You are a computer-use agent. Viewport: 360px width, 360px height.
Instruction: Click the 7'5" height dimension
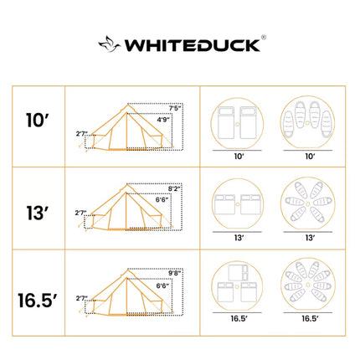[175, 108]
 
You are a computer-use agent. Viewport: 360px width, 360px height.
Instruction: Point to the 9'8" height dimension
[174, 273]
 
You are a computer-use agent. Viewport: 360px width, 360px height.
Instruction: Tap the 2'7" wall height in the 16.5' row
[81, 297]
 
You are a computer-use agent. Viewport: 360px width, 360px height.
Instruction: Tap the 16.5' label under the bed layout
[238, 319]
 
